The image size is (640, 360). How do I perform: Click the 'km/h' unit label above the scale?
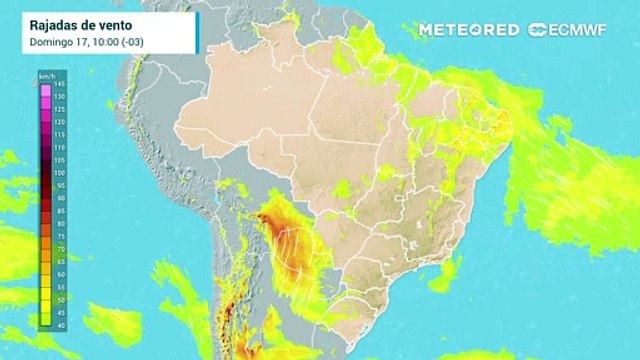click(46, 76)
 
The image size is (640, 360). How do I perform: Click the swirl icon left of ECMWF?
click(537, 30)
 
